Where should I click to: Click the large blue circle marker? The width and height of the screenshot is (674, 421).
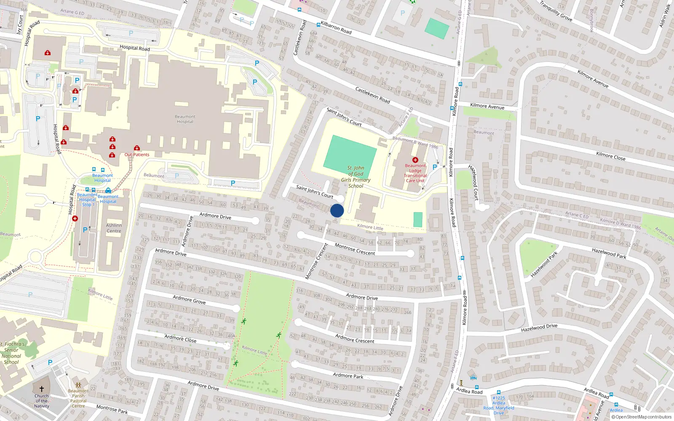click(337, 210)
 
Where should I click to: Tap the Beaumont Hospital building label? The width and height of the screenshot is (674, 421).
click(185, 119)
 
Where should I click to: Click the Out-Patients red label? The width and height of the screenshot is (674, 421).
click(137, 155)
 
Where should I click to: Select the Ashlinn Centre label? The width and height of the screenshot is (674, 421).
click(114, 228)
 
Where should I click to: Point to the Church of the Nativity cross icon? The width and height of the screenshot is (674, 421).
click(42, 389)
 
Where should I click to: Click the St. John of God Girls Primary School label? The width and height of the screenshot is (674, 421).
click(356, 177)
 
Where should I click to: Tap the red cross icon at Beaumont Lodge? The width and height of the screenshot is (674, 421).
click(415, 160)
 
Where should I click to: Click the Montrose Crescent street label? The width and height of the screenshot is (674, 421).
click(355, 249)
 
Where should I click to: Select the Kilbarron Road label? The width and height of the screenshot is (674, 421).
click(336, 28)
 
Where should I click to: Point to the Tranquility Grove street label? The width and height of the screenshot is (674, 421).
click(556, 11)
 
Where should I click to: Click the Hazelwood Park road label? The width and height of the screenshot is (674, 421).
click(609, 253)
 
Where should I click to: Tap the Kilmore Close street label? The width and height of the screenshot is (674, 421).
click(610, 156)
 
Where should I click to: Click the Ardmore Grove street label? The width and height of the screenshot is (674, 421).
click(189, 300)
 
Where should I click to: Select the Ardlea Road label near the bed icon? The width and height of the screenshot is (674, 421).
click(469, 391)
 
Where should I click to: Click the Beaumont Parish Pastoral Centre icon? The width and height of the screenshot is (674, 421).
click(78, 385)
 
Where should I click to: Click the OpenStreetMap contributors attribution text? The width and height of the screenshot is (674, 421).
click(641, 417)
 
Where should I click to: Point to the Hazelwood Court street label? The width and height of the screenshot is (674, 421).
click(474, 182)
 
